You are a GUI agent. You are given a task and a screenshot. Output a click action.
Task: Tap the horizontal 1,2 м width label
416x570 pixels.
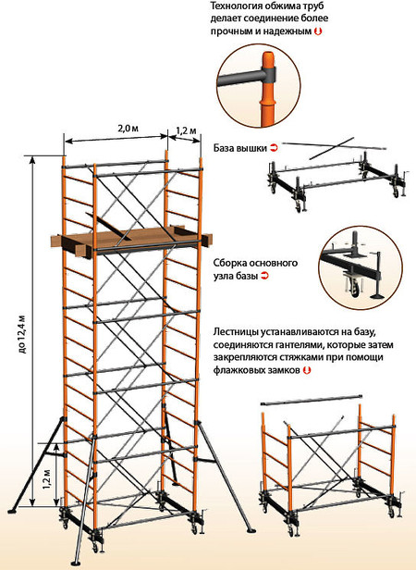point(186,130)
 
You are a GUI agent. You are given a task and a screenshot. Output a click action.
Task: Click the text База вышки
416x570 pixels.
point(239,148)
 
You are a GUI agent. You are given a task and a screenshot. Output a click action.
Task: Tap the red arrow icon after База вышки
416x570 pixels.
point(274,148)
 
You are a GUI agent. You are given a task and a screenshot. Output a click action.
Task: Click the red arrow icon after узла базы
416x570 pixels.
point(265,276)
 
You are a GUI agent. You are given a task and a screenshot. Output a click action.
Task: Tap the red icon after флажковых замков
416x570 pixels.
point(307,370)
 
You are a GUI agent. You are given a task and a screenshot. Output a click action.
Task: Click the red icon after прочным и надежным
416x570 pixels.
point(318,31)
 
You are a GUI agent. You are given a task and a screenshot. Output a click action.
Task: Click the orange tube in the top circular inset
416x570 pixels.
point(268,88)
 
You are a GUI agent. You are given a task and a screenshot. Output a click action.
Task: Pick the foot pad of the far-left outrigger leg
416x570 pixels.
point(12,511)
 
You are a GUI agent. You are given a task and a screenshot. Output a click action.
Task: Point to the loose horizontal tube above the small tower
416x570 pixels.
point(312,399)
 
